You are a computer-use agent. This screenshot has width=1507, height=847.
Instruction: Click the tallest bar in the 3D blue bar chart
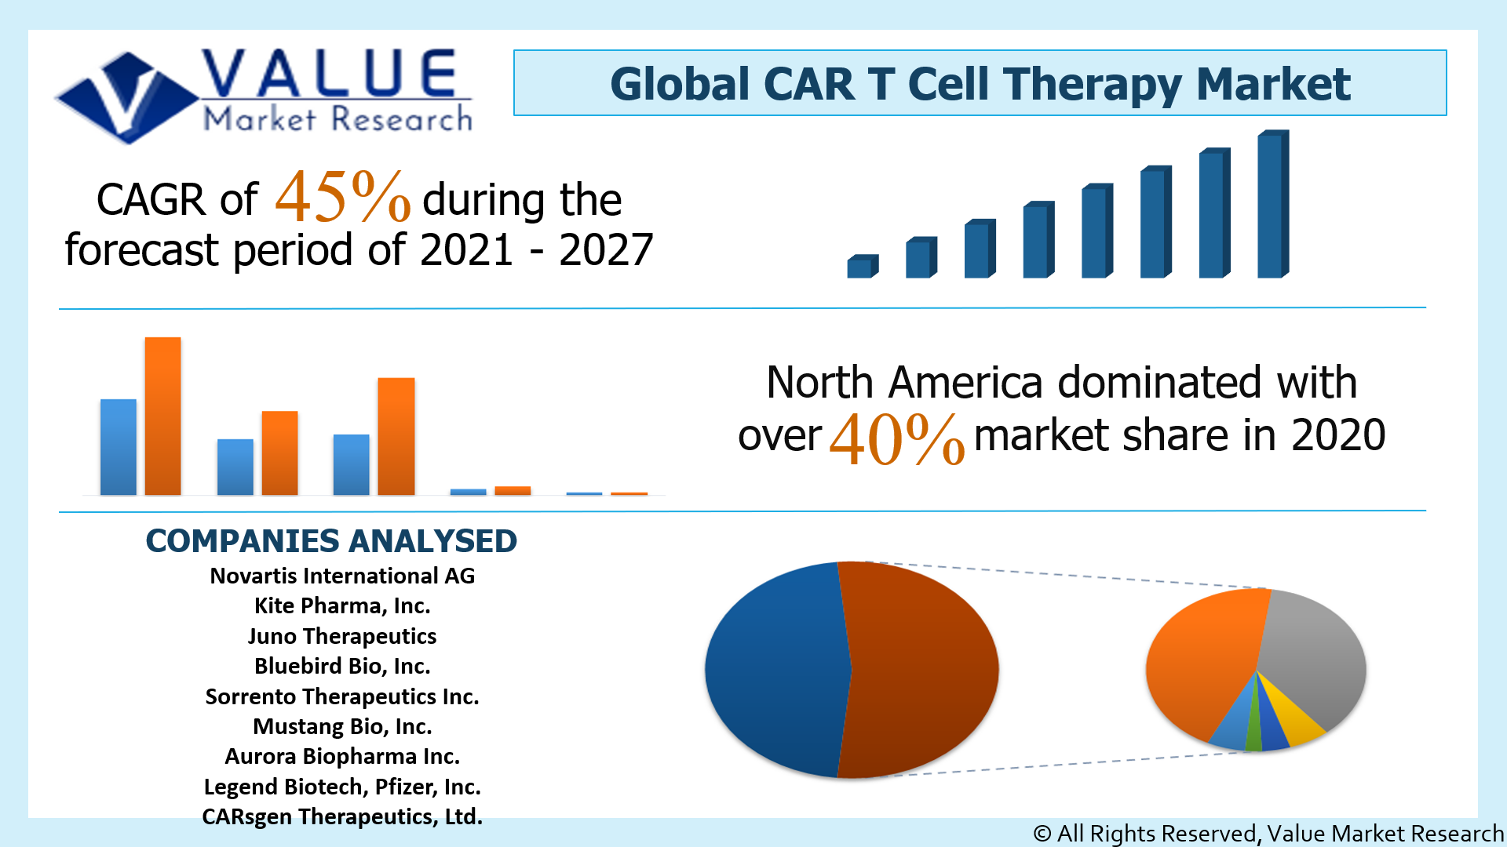coord(1272,205)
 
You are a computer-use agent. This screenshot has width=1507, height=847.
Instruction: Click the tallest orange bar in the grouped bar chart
coord(162,416)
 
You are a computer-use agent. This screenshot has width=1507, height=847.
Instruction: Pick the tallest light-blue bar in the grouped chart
coord(118,447)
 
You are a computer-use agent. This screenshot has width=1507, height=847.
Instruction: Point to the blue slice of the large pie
coord(773,671)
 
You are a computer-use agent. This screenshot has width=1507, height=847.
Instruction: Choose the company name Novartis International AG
coord(342,576)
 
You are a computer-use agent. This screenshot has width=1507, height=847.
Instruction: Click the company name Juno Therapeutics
coord(342,636)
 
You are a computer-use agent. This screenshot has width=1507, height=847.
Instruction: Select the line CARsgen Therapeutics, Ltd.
coord(342,816)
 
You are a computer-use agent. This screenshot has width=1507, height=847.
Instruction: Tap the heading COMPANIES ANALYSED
coord(331,541)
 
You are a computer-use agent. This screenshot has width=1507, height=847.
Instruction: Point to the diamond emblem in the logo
coord(126,98)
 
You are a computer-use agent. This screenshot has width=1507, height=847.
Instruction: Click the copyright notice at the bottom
coord(1267,833)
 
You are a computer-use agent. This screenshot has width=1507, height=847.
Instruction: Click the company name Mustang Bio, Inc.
coord(342,726)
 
